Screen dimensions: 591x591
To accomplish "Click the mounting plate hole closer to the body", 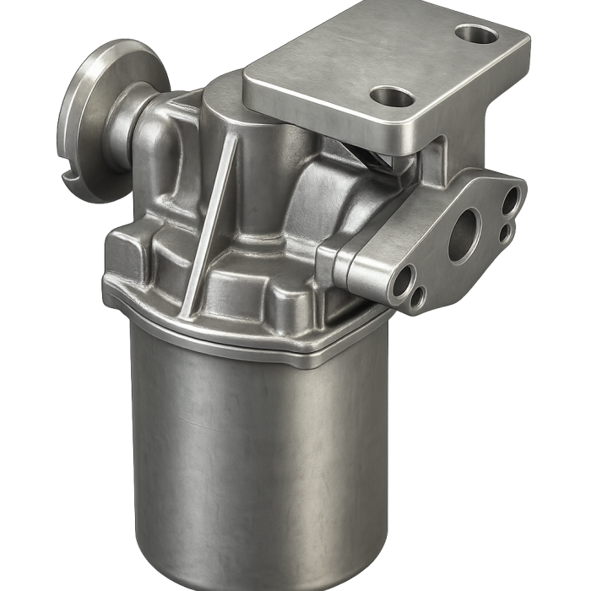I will tap(391, 96).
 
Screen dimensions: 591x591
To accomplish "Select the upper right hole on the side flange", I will tap(510, 201).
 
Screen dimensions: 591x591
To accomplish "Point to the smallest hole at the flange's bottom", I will tap(418, 296).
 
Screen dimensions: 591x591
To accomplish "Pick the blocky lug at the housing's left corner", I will tap(131, 253).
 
